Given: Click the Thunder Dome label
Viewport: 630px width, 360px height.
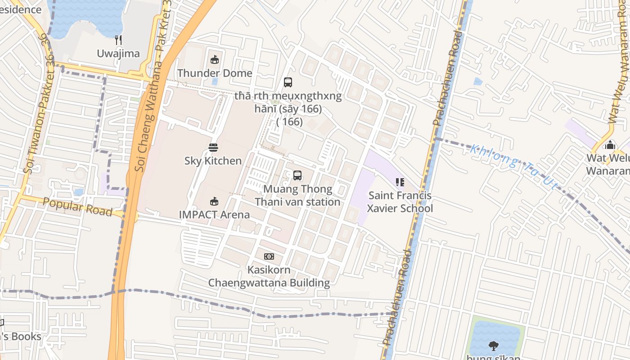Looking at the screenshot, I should [x=215, y=73].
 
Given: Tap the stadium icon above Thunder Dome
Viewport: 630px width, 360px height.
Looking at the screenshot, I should [x=215, y=59].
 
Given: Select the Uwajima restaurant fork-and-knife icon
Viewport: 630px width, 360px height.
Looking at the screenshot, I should [x=118, y=40].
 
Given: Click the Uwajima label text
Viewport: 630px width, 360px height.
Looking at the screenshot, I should [x=118, y=54].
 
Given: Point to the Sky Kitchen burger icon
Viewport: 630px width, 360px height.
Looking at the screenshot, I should [x=213, y=148].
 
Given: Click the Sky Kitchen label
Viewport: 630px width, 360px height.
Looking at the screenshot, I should [x=213, y=161].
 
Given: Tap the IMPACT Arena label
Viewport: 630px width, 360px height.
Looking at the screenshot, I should [x=214, y=214].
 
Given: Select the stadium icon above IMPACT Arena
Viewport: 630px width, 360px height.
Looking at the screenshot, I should [x=214, y=201].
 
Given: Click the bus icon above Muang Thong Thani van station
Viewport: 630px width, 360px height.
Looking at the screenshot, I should [x=297, y=175].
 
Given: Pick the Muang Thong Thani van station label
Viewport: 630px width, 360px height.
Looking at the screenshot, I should [x=297, y=195].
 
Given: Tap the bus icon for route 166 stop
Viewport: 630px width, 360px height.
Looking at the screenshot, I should [x=288, y=82].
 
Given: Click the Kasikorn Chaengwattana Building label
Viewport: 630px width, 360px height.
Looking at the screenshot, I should [x=269, y=276].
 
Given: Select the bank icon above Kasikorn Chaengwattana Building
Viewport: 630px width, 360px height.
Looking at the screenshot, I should [x=269, y=256].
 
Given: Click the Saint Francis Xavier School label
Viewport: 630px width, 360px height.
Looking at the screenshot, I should [x=400, y=202].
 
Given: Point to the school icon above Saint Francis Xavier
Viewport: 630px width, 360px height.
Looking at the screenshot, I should [x=400, y=182].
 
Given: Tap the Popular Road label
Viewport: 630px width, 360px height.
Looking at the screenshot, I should [x=77, y=207].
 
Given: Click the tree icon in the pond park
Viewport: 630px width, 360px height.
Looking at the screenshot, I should [x=494, y=346].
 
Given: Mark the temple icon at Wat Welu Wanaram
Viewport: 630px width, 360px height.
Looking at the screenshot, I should [x=610, y=145].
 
